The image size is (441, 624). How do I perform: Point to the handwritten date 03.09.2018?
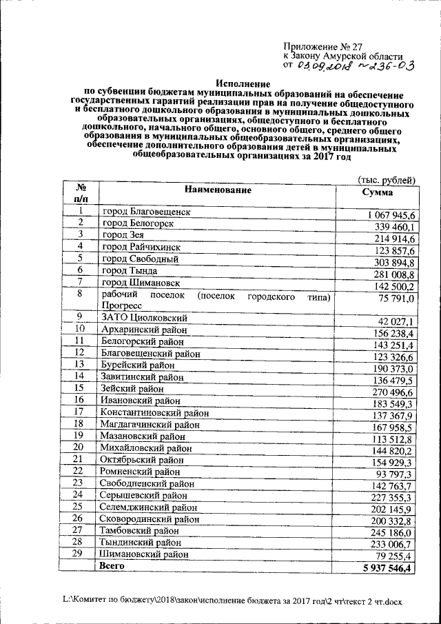click(x=324, y=66)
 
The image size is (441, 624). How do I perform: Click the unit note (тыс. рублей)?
click(x=385, y=179)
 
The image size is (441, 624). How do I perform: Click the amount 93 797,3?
click(x=395, y=475)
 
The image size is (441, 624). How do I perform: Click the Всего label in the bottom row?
click(x=112, y=565)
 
